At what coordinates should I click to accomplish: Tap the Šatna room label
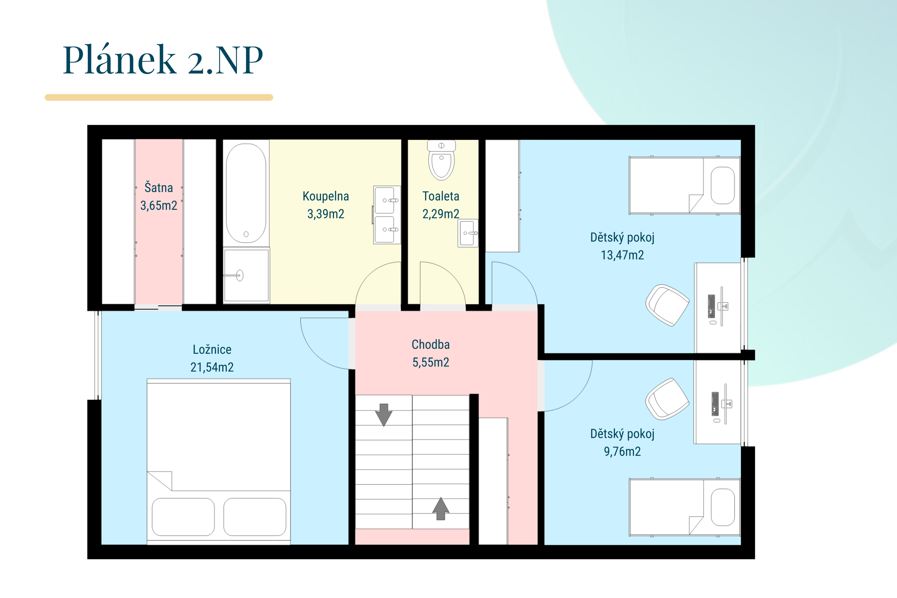(x=159, y=188)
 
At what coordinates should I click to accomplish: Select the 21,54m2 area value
(x=212, y=367)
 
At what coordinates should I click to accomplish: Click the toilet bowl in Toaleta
(x=441, y=160)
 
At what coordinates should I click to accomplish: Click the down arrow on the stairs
(x=384, y=415)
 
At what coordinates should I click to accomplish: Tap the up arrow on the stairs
(x=441, y=508)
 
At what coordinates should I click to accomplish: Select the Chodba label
(x=431, y=344)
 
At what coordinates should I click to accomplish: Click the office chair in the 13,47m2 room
(x=667, y=305)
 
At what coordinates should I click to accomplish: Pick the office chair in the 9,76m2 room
(x=667, y=399)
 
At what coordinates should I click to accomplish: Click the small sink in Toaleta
(x=468, y=233)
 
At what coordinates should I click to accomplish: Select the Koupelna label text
(x=326, y=196)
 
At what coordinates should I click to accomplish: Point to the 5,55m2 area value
(x=431, y=362)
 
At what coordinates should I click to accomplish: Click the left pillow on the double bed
(x=183, y=517)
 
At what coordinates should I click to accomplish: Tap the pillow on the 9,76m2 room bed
(x=723, y=507)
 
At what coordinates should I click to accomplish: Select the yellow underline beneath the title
(x=159, y=98)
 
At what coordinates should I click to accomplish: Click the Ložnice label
(x=212, y=349)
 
